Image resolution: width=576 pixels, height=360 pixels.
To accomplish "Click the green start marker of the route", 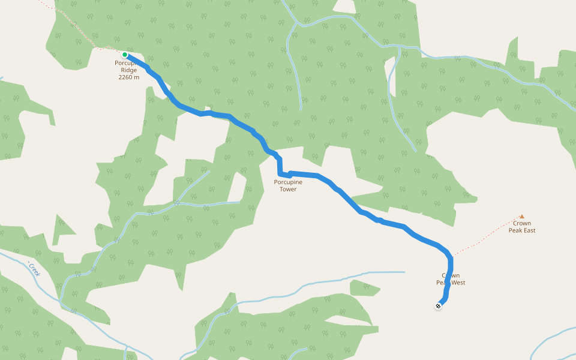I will [x=125, y=55].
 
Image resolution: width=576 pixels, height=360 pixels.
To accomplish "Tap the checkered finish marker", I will [x=439, y=306].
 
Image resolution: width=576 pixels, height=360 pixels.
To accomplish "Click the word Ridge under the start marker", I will [x=129, y=70].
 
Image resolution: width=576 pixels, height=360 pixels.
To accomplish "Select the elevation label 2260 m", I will [x=129, y=77].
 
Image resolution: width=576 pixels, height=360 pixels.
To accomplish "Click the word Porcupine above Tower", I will [x=288, y=182].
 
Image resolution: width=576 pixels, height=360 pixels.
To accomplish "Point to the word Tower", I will [x=288, y=189].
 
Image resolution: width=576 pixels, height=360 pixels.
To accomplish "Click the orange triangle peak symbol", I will [x=521, y=217].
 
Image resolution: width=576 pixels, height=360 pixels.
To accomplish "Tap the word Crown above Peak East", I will [x=521, y=224].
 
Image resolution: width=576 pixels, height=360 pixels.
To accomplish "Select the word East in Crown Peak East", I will [x=528, y=230].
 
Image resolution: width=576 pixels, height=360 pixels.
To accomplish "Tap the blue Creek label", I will [x=34, y=268].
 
